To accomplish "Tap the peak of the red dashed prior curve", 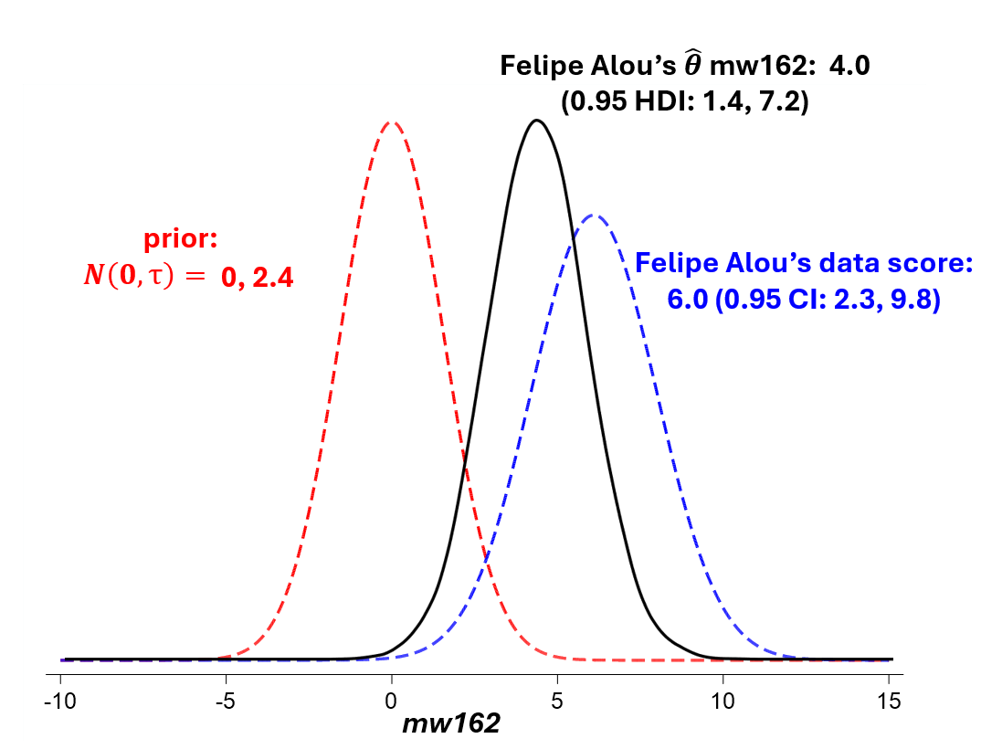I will (x=391, y=121).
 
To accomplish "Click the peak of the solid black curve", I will (x=537, y=120).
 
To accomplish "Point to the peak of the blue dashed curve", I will (x=594, y=216).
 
